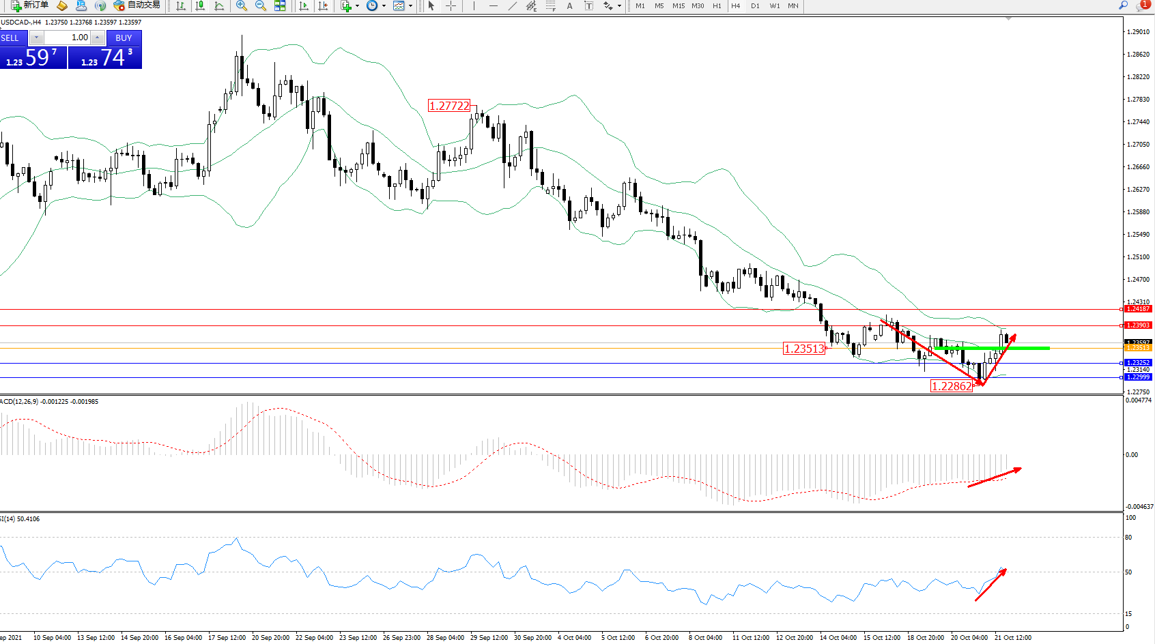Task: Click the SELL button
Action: tap(10, 38)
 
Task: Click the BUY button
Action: tap(124, 38)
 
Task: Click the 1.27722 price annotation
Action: tap(449, 106)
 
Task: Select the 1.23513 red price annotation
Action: tap(804, 349)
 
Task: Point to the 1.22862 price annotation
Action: tap(952, 386)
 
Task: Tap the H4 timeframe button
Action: tap(735, 6)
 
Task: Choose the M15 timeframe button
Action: tap(678, 6)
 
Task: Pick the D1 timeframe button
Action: tap(755, 6)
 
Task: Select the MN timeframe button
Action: tap(793, 6)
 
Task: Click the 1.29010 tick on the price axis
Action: tap(1138, 32)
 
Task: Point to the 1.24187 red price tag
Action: tap(1138, 309)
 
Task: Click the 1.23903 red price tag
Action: tap(1138, 325)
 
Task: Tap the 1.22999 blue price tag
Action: tap(1138, 377)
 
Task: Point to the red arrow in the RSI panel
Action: tap(990, 585)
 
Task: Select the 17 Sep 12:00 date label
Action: tap(227, 638)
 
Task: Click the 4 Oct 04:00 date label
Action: tap(574, 638)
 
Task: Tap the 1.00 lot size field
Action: tap(68, 38)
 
